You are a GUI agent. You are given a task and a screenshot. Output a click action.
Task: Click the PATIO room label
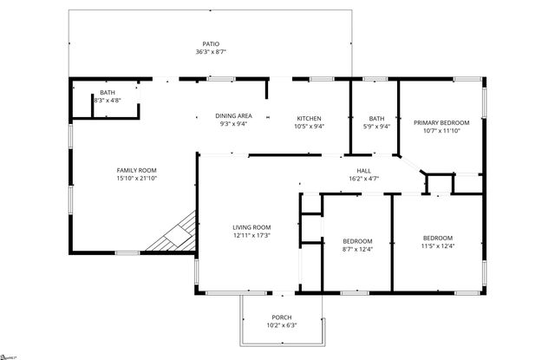(x=211, y=43)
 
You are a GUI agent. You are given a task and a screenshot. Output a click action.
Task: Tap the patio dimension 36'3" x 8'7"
(x=211, y=52)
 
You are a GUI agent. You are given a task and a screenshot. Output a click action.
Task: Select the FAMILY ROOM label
(x=136, y=170)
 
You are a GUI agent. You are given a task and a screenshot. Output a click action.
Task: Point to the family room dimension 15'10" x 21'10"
(x=136, y=179)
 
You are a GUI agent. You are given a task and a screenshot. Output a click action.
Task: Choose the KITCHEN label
(x=310, y=118)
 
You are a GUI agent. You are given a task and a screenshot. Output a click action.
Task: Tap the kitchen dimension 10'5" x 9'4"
(x=310, y=127)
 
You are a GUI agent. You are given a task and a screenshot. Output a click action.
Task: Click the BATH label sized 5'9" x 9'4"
(x=376, y=118)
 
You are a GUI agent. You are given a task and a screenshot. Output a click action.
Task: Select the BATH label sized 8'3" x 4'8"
(x=108, y=92)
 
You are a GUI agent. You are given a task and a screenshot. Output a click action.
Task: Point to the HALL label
(x=363, y=170)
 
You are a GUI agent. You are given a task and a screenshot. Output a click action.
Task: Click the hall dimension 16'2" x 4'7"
(x=363, y=179)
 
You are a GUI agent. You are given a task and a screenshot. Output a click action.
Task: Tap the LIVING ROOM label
(x=251, y=227)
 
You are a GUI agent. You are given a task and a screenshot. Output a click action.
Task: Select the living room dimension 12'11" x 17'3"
(x=251, y=236)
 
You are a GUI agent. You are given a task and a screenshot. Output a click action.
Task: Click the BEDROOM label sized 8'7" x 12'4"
(x=357, y=241)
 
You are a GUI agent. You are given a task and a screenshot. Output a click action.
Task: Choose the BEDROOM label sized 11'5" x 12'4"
(x=437, y=239)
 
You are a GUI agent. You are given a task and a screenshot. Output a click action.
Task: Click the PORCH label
(x=282, y=317)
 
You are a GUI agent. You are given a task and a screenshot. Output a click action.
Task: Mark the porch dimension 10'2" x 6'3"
(x=282, y=325)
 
